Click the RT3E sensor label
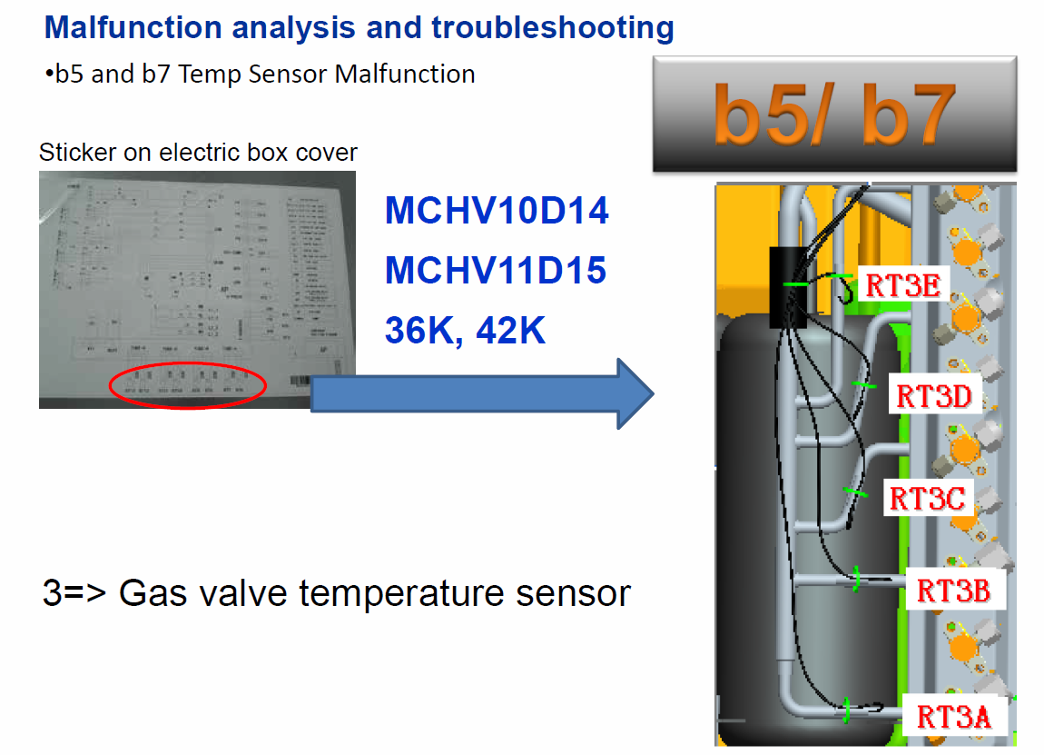click(x=901, y=284)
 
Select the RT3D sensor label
click(x=933, y=396)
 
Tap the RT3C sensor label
click(x=926, y=498)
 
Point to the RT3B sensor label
click(x=953, y=591)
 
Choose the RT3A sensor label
click(x=953, y=716)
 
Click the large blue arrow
click(x=481, y=393)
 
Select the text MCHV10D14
click(x=497, y=212)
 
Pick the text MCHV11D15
click(x=496, y=270)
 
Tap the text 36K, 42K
click(x=465, y=329)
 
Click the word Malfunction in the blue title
click(x=133, y=28)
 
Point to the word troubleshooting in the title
click(x=553, y=28)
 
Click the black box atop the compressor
click(x=788, y=286)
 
